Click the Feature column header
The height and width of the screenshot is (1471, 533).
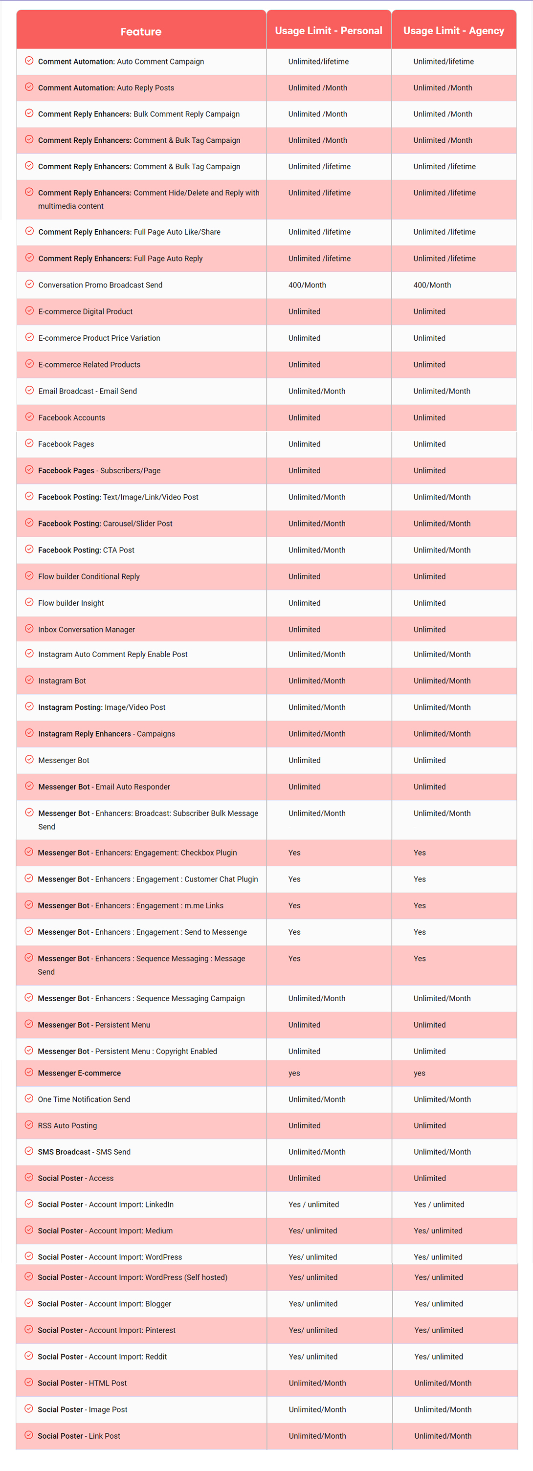tap(140, 31)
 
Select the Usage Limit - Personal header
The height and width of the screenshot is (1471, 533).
tap(329, 31)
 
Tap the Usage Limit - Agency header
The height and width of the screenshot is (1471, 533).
tap(454, 31)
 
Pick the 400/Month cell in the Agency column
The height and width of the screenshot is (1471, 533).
tap(432, 285)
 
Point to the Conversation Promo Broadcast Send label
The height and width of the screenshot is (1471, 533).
tap(100, 285)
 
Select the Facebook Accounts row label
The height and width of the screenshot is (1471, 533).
tap(71, 417)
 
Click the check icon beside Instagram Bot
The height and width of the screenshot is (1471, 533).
tap(29, 680)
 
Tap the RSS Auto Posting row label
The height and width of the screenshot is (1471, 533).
tap(67, 1125)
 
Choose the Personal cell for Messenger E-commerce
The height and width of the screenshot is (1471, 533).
tap(294, 1073)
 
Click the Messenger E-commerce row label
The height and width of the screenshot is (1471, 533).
tap(79, 1073)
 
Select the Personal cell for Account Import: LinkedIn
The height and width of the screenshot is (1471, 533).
tap(313, 1205)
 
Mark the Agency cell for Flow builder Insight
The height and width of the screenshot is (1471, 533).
tap(430, 603)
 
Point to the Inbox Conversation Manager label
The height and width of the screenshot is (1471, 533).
tap(86, 629)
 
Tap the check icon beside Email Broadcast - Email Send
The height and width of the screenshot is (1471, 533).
tap(29, 390)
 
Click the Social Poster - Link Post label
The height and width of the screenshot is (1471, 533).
tap(79, 1436)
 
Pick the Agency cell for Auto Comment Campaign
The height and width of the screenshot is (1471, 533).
tap(444, 62)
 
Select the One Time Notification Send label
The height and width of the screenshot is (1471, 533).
tap(84, 1099)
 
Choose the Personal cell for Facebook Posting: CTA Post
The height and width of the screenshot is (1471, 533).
tap(316, 550)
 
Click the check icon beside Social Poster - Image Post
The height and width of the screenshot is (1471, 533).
tap(28, 1408)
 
